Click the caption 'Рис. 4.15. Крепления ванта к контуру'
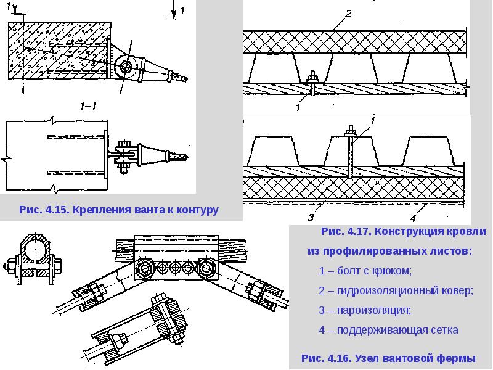pyautogui.click(x=119, y=210)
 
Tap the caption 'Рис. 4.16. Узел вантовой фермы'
pyautogui.click(x=389, y=358)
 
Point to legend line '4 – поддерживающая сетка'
pyautogui.click(x=389, y=330)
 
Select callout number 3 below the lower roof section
pyautogui.click(x=311, y=217)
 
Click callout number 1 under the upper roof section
pyautogui.click(x=298, y=107)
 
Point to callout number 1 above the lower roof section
pyautogui.click(x=372, y=120)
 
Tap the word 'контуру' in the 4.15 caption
pyautogui.click(x=198, y=210)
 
